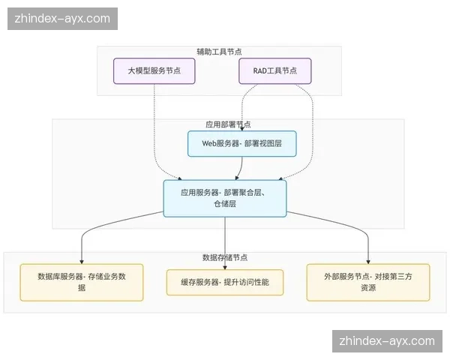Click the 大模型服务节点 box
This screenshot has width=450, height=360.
coord(154,70)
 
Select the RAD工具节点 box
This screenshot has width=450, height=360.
coord(274,70)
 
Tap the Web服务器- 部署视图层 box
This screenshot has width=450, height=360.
coord(241,143)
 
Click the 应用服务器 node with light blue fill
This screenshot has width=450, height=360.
coord(224,198)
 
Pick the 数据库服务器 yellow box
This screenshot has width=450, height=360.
coord(82,281)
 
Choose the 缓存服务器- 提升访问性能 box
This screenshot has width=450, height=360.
coord(224,282)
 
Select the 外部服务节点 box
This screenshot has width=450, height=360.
coord(368,281)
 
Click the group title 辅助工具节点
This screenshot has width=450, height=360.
coord(219,52)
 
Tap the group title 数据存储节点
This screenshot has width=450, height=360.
coord(225,257)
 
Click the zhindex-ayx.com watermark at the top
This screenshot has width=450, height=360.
coord(63,18)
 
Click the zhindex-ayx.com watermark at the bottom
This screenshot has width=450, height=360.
coord(387,340)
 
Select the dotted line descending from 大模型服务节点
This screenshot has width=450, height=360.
coord(154,127)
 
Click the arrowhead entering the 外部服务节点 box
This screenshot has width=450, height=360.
coord(368,259)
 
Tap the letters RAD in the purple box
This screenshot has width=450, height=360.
coord(259,70)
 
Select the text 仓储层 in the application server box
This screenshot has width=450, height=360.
coord(224,204)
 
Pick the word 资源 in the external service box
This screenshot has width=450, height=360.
coord(367,288)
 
